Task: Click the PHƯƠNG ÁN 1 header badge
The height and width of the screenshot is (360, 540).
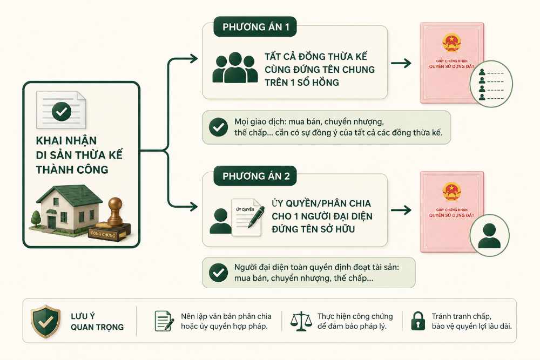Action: pyautogui.click(x=255, y=27)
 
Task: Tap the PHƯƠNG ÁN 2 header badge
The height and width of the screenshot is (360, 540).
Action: pyautogui.click(x=255, y=176)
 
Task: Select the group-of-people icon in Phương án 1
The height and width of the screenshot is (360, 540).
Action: pyautogui.click(x=235, y=68)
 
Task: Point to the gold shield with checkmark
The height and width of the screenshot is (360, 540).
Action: pyautogui.click(x=45, y=321)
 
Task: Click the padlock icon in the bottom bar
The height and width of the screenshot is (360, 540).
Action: pyautogui.click(x=418, y=321)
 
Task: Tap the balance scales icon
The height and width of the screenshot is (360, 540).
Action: pyautogui.click(x=301, y=321)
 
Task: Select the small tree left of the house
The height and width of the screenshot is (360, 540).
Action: pyautogui.click(x=36, y=219)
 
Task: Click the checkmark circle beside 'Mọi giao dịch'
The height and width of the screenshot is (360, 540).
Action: pyautogui.click(x=218, y=127)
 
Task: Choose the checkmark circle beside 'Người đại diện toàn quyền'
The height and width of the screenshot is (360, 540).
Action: pyautogui.click(x=218, y=273)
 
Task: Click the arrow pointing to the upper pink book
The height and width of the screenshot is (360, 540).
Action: pyautogui.click(x=401, y=63)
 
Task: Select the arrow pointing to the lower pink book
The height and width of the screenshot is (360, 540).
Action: pyautogui.click(x=401, y=210)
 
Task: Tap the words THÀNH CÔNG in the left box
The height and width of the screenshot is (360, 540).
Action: pyautogui.click(x=72, y=169)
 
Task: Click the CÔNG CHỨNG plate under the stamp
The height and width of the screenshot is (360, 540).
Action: pyautogui.click(x=103, y=234)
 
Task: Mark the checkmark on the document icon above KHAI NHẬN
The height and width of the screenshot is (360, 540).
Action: pyautogui.click(x=62, y=111)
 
